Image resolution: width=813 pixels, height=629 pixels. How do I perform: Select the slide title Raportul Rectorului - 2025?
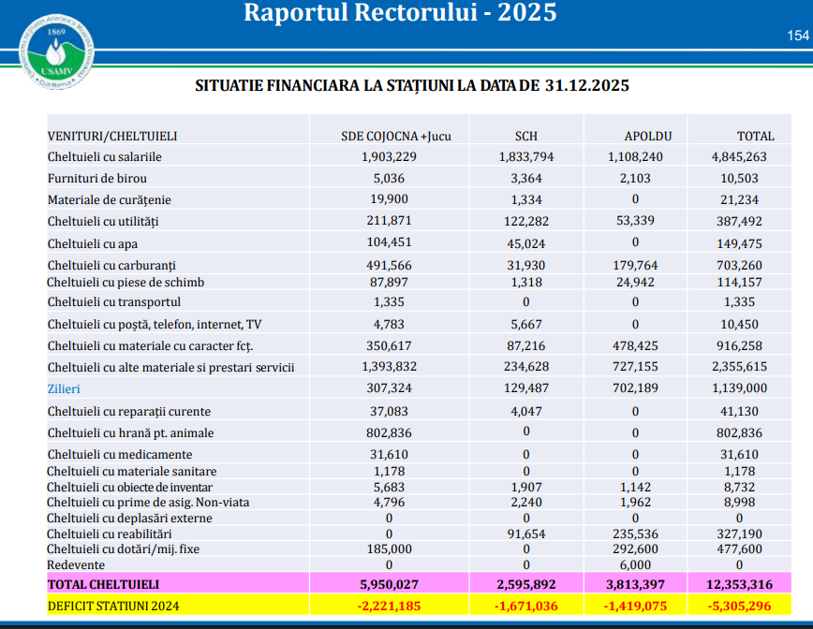(x=400, y=13)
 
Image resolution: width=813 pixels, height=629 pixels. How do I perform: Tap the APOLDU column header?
(x=636, y=136)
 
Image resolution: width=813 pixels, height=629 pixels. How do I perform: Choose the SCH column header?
(x=525, y=136)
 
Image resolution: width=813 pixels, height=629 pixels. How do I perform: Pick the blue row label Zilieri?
(x=65, y=388)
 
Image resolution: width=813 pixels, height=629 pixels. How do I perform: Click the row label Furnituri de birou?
(x=96, y=178)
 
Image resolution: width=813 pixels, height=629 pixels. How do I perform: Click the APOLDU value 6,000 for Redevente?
(x=636, y=565)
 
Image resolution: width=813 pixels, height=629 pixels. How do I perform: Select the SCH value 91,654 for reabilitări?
(x=525, y=534)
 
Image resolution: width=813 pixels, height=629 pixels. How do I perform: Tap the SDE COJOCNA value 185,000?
(x=389, y=549)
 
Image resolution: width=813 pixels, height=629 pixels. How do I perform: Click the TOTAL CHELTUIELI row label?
(x=96, y=584)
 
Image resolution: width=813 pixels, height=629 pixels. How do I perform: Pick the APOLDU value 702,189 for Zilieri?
(x=636, y=388)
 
